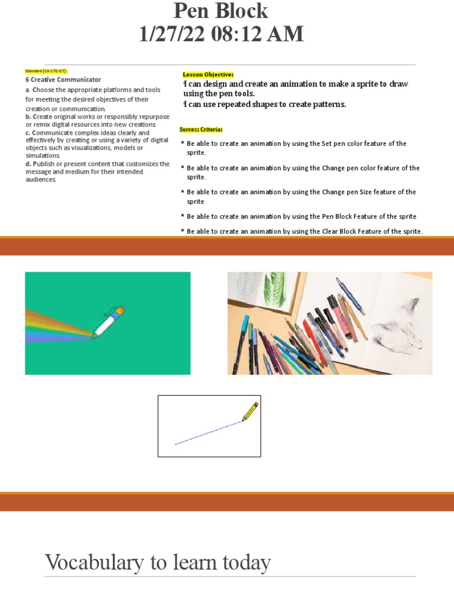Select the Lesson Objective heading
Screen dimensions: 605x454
pos(208,74)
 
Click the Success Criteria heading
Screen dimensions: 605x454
pos(201,129)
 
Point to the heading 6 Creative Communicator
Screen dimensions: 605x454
pos(63,80)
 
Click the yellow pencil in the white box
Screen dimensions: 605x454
pos(250,411)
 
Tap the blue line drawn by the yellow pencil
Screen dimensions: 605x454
pos(207,433)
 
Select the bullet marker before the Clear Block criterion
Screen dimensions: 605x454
pos(182,230)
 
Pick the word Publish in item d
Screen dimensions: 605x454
pos(47,164)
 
